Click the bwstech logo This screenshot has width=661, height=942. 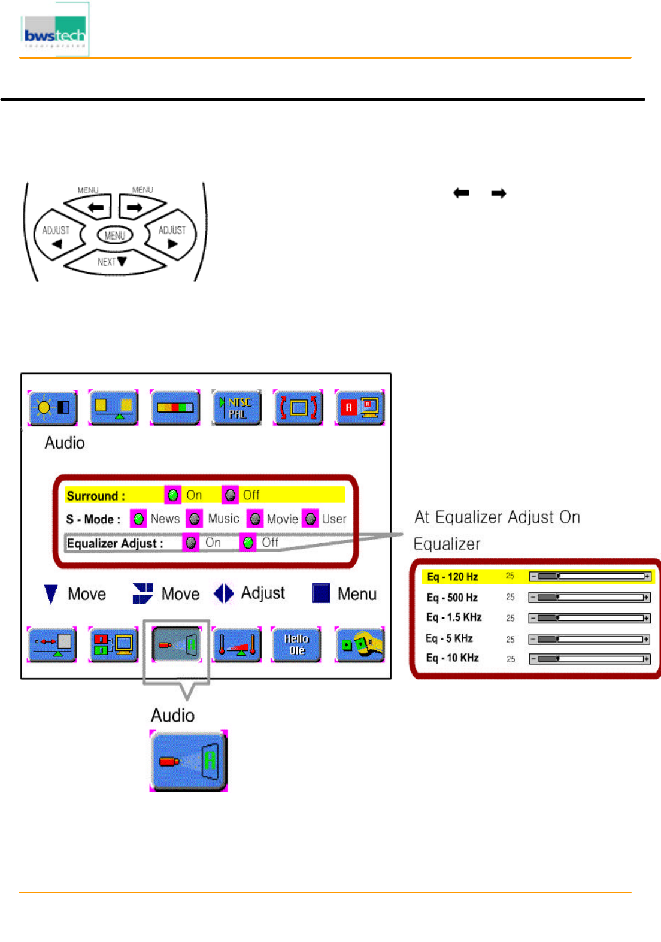point(54,31)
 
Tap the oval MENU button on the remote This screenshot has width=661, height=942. point(114,235)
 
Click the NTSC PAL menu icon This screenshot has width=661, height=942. point(236,407)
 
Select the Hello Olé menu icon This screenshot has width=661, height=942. point(296,644)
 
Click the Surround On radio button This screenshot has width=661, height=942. point(172,495)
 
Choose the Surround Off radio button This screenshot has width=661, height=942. point(230,495)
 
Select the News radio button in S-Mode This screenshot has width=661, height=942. point(138,519)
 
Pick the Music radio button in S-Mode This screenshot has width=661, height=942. point(195,519)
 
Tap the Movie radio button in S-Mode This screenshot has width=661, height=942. point(256,519)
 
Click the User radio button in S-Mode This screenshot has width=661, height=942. point(310,519)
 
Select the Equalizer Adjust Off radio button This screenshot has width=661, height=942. point(248,543)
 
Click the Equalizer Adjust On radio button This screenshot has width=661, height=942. point(191,543)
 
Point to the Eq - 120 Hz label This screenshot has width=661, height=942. point(452,577)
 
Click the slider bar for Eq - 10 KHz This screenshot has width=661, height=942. point(589,659)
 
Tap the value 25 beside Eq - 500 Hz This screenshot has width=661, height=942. point(510,597)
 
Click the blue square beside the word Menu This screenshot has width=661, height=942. point(321,593)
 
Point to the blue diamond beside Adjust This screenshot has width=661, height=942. point(224,593)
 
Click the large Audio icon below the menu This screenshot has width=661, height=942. point(189,761)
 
